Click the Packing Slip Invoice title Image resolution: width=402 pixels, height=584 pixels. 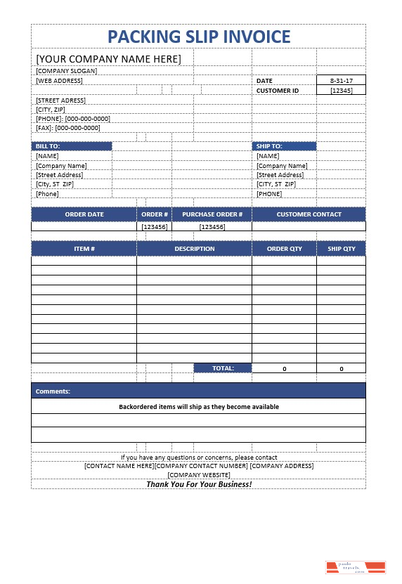[199, 37]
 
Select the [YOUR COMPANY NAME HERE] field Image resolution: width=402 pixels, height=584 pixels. [108, 58]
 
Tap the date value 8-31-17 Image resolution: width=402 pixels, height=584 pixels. [341, 81]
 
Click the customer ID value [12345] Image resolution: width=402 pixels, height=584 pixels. [341, 91]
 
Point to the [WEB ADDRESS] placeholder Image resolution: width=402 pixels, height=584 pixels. [59, 81]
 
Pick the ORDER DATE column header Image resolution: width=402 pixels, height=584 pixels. [84, 214]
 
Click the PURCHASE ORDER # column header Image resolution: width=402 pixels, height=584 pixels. [212, 214]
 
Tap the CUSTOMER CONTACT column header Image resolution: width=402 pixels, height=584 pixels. [309, 214]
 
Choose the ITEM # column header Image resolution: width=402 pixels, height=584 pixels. [84, 249]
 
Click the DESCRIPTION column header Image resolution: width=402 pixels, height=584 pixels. [195, 249]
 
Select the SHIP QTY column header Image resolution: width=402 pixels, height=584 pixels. [341, 249]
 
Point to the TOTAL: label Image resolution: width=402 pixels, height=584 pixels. [222, 368]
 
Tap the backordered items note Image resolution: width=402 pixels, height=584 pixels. [198, 407]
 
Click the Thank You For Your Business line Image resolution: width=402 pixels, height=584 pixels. [198, 484]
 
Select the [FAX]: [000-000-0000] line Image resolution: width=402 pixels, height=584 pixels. [68, 128]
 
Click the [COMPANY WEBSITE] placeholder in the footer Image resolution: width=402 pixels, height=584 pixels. [198, 475]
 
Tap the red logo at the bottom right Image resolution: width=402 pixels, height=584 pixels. [356, 568]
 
